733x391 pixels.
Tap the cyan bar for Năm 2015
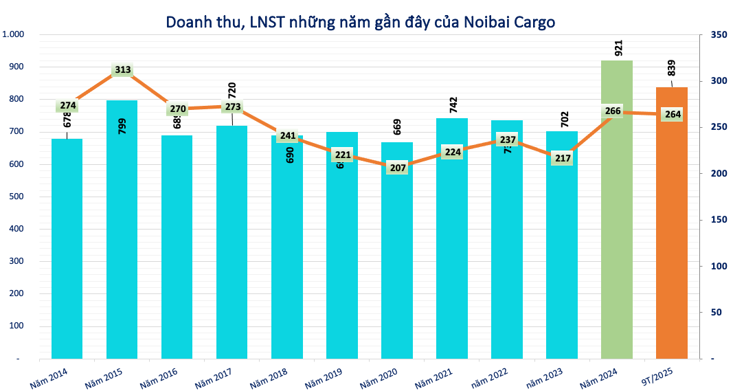(122, 241)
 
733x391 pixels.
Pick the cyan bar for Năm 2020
(396, 261)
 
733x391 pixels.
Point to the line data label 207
(398, 167)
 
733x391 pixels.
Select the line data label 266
(613, 111)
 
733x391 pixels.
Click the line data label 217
(563, 157)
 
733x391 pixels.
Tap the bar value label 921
(618, 47)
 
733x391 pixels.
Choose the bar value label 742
(453, 104)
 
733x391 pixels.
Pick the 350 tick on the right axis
(718, 34)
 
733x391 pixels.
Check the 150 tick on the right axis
(718, 220)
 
